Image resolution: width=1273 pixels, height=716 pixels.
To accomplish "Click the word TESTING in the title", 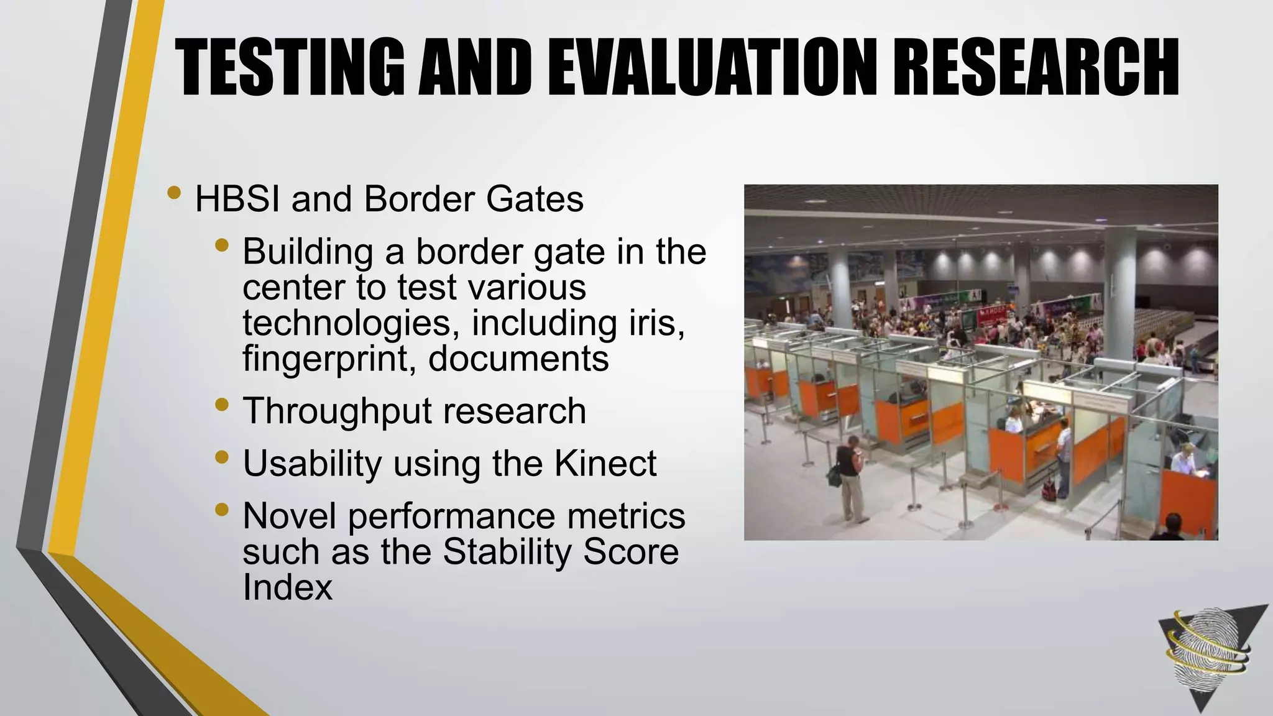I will pos(290,67).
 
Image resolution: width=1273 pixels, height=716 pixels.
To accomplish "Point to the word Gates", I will pos(535,199).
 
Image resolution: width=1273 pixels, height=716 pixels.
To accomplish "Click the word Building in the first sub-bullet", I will pos(308,252).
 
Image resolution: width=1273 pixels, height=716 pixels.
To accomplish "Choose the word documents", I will pos(518,359).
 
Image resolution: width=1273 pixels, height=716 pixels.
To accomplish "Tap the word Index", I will pos(287,587).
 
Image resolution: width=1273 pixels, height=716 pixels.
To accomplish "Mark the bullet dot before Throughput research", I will pos(221,405).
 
